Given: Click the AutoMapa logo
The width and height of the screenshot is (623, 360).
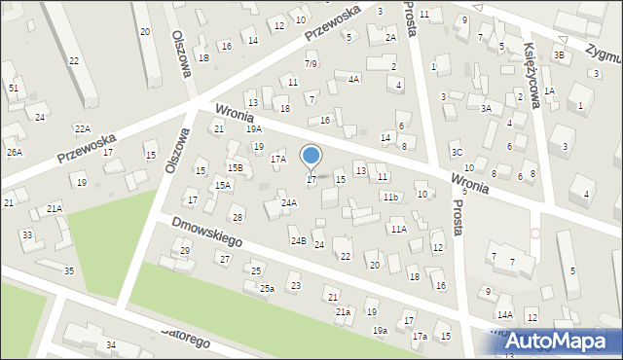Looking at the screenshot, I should (x=559, y=341).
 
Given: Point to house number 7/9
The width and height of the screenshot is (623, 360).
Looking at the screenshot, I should (x=311, y=64).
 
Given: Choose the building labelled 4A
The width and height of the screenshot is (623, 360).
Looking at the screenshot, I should (x=354, y=79).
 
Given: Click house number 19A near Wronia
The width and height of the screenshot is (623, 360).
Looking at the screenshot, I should (x=254, y=128).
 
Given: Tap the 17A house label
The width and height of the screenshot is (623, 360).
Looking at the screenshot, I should (x=278, y=159).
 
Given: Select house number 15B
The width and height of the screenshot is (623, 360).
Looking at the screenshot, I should (x=236, y=168).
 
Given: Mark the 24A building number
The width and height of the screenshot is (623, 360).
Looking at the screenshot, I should (x=289, y=203).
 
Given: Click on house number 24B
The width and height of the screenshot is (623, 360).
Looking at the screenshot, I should (x=298, y=240).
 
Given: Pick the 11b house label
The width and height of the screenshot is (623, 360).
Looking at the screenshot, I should (x=390, y=198).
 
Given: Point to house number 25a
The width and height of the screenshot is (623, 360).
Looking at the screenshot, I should (x=267, y=289).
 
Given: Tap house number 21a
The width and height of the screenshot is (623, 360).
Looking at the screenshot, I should (x=343, y=312).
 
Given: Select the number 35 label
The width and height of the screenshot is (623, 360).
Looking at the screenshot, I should (x=68, y=270).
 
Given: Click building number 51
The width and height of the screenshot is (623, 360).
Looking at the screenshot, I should (x=14, y=89).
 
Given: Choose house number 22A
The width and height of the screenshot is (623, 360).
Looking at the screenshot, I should (x=83, y=129).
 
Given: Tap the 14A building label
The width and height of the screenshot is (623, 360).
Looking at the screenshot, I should (x=504, y=315).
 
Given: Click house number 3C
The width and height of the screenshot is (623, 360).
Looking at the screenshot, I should (x=457, y=152).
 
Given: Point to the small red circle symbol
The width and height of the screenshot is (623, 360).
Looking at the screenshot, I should (x=534, y=234).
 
